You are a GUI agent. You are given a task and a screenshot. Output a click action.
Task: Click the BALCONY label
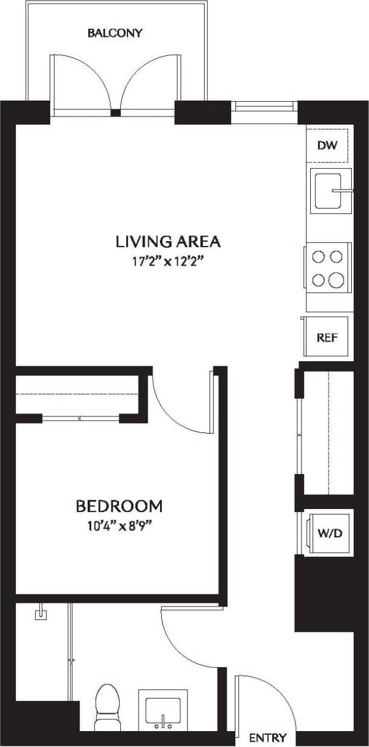(115, 33)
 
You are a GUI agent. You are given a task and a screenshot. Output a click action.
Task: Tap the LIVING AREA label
(168, 241)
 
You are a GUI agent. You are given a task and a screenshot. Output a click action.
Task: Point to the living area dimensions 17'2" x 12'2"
(168, 260)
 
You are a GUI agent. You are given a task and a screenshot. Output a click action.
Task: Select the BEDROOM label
(119, 506)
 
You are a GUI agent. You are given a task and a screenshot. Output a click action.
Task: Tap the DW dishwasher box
(328, 145)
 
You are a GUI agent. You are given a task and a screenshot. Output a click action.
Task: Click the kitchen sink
(330, 191)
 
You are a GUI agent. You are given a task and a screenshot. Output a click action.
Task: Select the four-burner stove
(328, 267)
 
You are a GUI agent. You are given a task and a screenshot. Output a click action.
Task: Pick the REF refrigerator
(327, 337)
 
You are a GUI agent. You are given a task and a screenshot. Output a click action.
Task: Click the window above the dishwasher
(264, 106)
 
